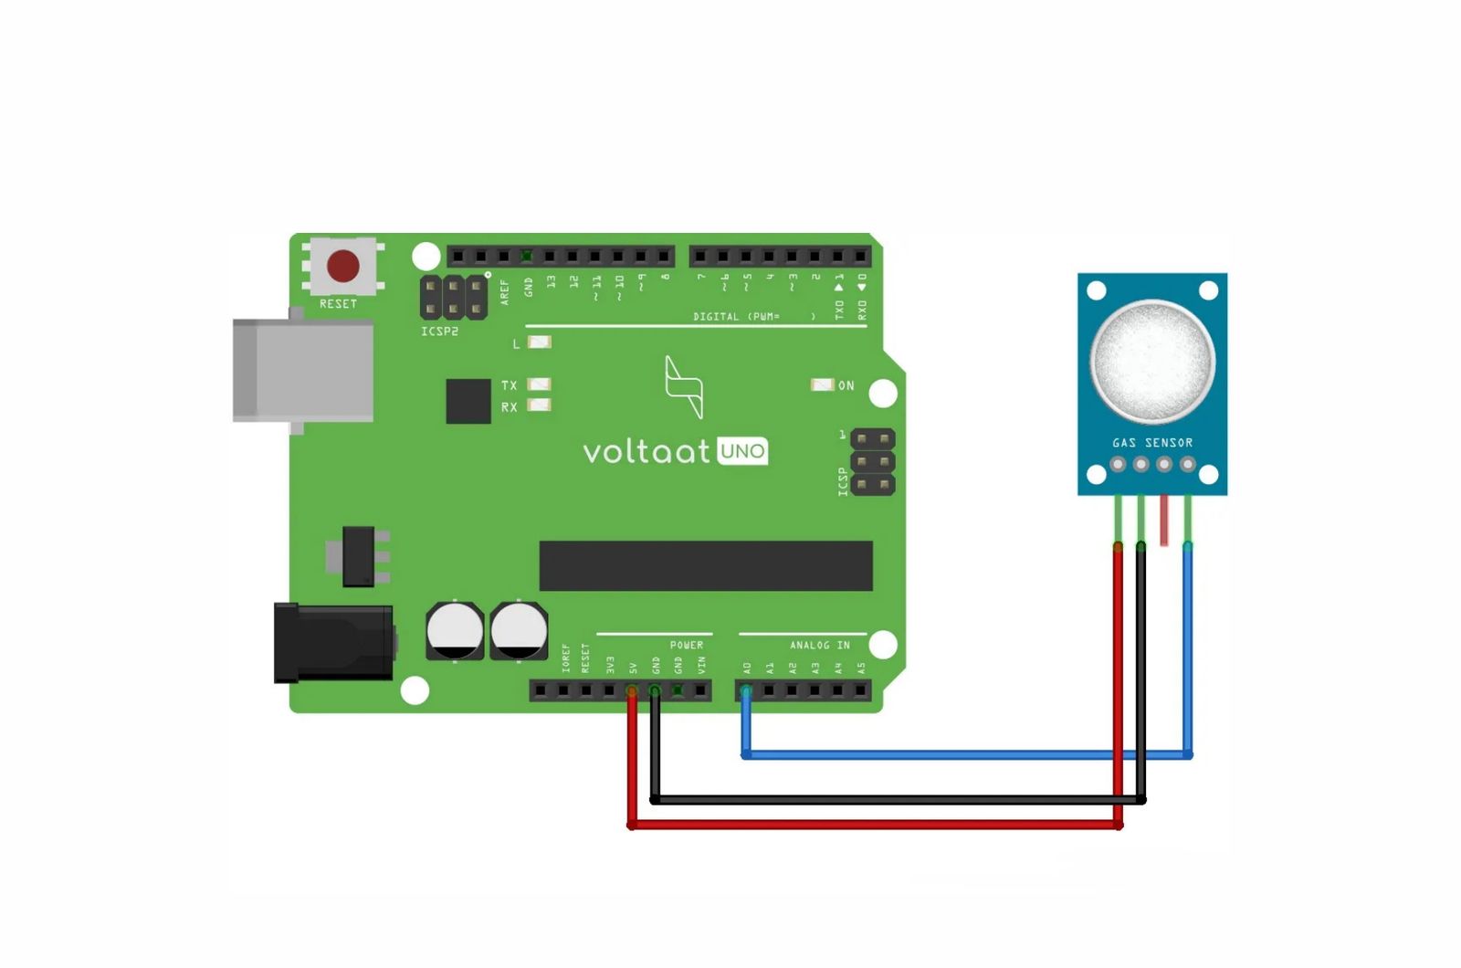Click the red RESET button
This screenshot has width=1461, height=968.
tap(343, 266)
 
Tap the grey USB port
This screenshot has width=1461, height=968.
tap(303, 370)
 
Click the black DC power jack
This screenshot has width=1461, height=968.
tap(333, 643)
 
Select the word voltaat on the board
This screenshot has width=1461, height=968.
tap(646, 451)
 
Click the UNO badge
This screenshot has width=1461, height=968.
tap(742, 451)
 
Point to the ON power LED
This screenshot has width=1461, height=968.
tap(822, 385)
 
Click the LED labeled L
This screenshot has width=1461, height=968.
tap(540, 342)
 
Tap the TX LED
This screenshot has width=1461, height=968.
tap(540, 384)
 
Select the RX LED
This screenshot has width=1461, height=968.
tap(540, 405)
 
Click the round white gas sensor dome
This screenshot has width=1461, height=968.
tap(1152, 360)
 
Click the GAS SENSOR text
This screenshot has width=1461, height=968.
tap(1152, 443)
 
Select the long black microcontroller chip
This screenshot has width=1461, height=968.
tap(705, 565)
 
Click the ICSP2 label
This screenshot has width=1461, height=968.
tap(439, 331)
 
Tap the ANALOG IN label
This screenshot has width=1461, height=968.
tap(819, 646)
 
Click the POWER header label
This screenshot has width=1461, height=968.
tap(686, 646)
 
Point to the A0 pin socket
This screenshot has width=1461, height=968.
tap(747, 690)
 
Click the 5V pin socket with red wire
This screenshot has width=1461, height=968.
tap(632, 691)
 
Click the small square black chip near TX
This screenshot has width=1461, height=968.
tap(468, 401)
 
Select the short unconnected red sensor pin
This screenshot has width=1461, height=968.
tap(1164, 521)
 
